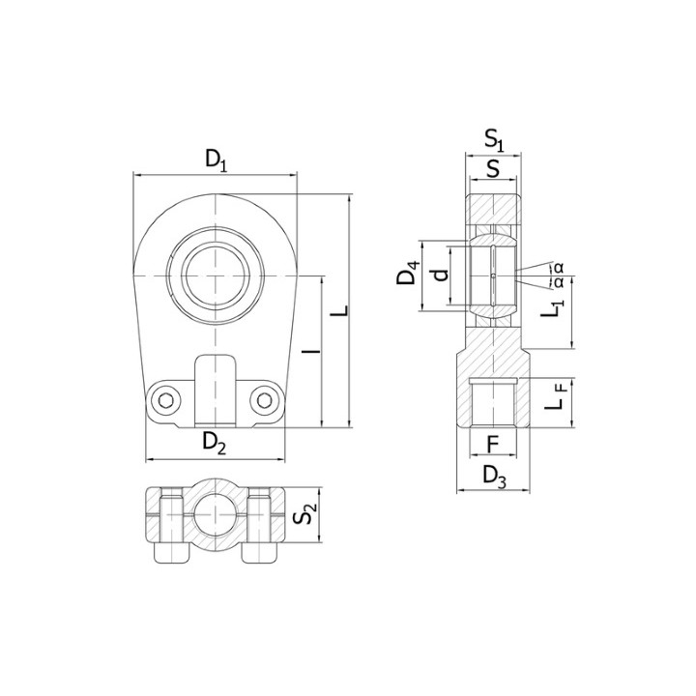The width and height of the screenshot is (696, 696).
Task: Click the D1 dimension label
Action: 217,160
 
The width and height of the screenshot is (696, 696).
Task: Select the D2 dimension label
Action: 215,443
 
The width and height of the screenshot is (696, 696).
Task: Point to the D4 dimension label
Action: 408,274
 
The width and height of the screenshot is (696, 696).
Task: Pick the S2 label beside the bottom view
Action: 305,513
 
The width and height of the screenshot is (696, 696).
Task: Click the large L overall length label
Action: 340,310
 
